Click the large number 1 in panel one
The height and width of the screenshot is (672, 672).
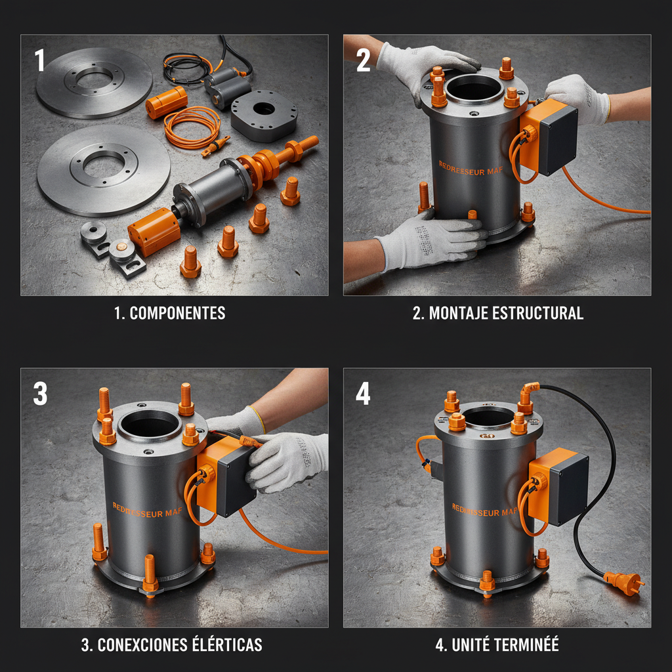[x=39, y=60]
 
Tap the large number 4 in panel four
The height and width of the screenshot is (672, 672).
[x=363, y=394]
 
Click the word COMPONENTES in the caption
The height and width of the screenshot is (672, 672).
[x=177, y=313]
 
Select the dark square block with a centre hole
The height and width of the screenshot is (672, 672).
[x=264, y=115]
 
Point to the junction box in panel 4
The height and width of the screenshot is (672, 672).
[x=559, y=486]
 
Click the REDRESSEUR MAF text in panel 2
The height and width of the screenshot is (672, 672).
[x=470, y=169]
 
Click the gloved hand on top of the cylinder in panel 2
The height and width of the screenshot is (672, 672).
[x=425, y=68]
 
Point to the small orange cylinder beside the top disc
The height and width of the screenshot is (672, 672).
[x=167, y=102]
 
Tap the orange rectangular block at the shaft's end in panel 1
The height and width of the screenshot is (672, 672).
[x=154, y=232]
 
